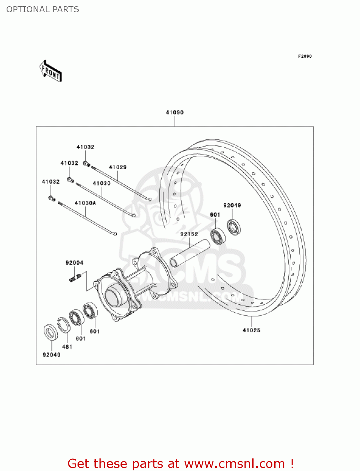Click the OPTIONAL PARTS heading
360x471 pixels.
tap(43, 9)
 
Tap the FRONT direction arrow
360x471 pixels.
tap(51, 71)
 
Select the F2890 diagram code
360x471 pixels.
tap(305, 56)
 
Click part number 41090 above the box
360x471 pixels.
tap(175, 112)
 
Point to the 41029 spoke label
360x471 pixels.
tap(118, 167)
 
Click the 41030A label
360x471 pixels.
tap(85, 203)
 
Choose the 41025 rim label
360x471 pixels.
tap(251, 330)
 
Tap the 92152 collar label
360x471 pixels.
tap(189, 234)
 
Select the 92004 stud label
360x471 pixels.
tap(74, 263)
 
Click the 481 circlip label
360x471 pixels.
tap(67, 347)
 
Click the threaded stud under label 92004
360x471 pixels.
tap(75, 278)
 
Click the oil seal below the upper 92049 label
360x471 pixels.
tap(234, 227)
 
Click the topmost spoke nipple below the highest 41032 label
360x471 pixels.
tap(87, 164)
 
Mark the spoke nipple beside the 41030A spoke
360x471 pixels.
tap(52, 198)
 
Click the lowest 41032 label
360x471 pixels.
tap(51, 182)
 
